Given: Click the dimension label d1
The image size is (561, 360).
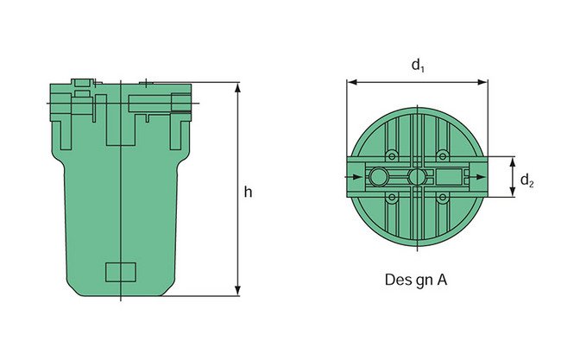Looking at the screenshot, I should coord(418,66).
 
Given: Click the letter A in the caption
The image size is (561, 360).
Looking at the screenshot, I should coord(444,281).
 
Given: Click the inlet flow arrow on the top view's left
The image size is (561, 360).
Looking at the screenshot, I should coord(356,177).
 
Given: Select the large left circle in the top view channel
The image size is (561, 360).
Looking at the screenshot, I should coord(379,177).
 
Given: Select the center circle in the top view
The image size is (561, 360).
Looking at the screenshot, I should coord(418,177).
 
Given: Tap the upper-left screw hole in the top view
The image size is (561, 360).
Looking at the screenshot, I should coord(393,155).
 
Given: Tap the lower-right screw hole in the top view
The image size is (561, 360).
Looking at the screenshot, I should coord(442,199).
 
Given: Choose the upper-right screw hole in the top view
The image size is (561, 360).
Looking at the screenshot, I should coord(442,155).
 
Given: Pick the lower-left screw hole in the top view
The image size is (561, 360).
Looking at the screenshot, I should coord(393,199).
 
